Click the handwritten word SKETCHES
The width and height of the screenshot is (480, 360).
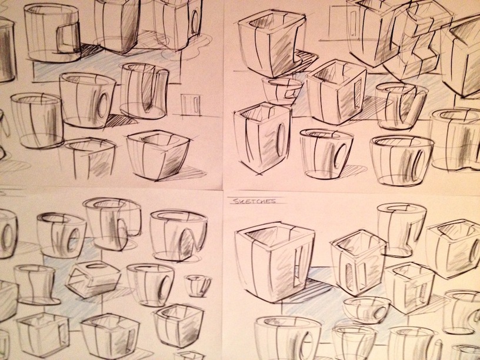[x=253, y=201]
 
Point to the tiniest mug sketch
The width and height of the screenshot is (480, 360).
[x=198, y=285]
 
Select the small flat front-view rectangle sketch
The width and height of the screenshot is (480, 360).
[x=191, y=105]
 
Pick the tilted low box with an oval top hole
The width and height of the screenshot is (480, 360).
[x=92, y=279]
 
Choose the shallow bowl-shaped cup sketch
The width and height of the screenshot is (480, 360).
[x=366, y=310]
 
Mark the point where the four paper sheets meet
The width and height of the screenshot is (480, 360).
[x=222, y=190]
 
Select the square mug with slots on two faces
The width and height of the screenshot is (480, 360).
[x=358, y=262]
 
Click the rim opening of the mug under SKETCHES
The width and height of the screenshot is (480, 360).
[x=271, y=235]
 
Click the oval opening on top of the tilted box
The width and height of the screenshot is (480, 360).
[x=94, y=265]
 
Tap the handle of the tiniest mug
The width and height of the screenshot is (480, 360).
[x=206, y=285]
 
